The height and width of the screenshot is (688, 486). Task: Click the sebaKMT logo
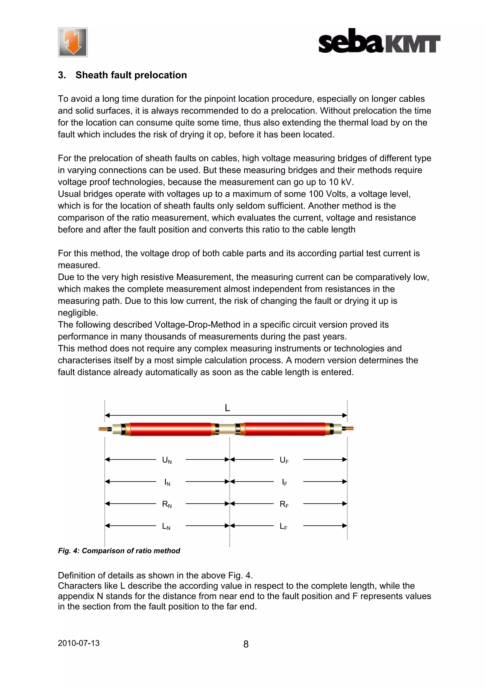tap(379, 41)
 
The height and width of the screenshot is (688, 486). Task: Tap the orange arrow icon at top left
tap(73, 42)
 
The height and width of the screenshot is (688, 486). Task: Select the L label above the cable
tap(227, 408)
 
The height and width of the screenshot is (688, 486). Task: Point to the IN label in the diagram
tap(167, 482)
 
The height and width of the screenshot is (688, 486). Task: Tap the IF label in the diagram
tap(284, 482)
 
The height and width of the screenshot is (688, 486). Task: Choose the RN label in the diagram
tap(167, 504)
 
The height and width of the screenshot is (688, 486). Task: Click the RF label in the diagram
tap(284, 504)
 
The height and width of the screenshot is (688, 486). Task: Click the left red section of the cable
tap(170, 429)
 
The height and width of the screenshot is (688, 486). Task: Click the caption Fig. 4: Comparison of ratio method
tap(119, 551)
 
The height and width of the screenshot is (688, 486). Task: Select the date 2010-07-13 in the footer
tap(79, 643)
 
